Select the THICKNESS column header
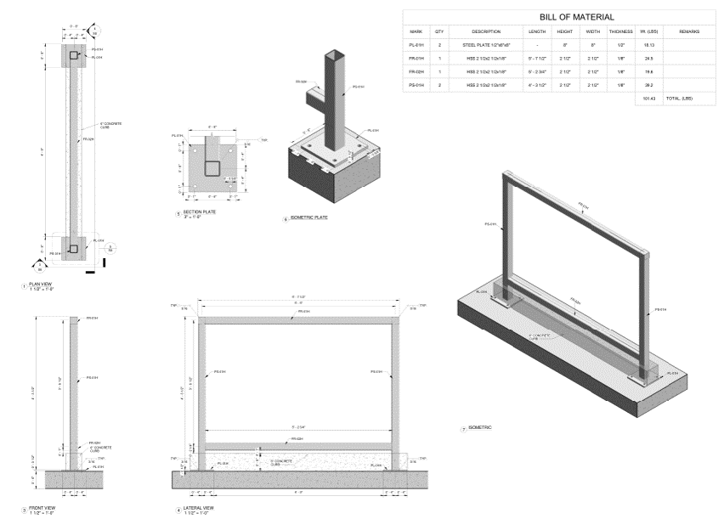(x=621, y=31)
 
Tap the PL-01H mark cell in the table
(x=416, y=46)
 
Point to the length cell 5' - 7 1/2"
(x=537, y=59)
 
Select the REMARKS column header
(x=689, y=31)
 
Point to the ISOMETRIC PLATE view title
(x=309, y=218)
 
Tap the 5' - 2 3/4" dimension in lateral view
(x=297, y=425)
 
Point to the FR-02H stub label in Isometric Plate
(x=301, y=82)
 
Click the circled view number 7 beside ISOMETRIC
(x=463, y=429)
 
